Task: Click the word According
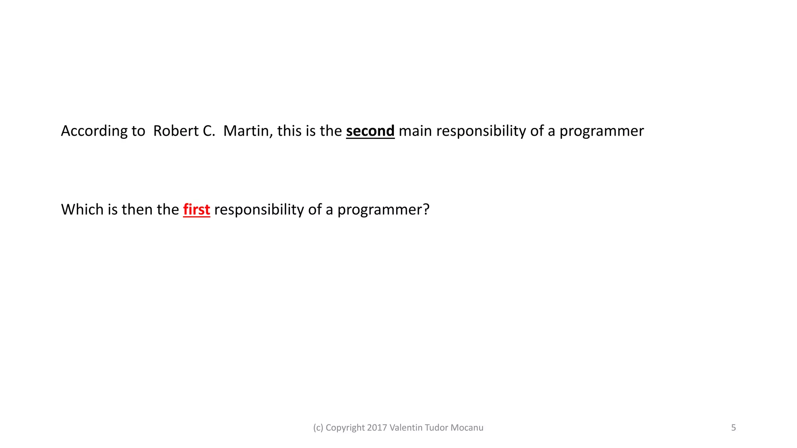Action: point(93,131)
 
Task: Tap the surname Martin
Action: point(248,131)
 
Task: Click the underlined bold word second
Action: point(370,131)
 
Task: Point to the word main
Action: point(415,131)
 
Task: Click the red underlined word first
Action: point(197,210)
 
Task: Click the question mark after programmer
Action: point(426,210)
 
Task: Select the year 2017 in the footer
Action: point(377,428)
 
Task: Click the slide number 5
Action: point(733,428)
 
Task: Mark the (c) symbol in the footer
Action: point(318,428)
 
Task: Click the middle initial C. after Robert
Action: point(209,131)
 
